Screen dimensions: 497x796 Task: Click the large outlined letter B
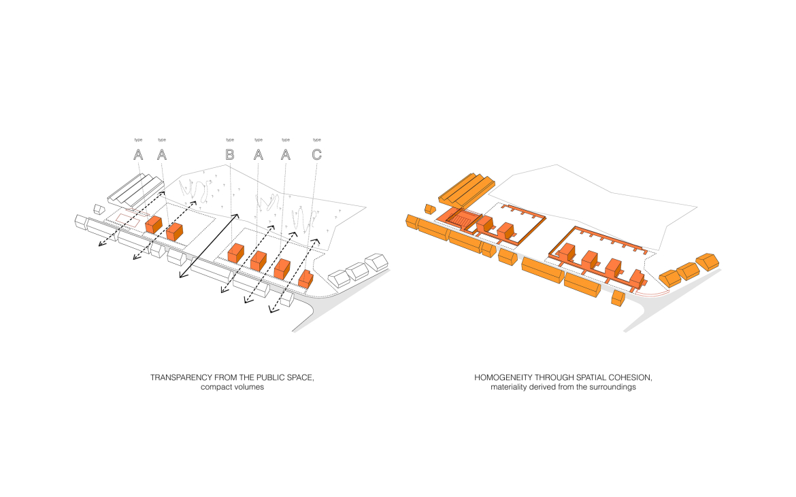pyautogui.click(x=229, y=155)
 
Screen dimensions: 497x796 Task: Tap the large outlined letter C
pyautogui.click(x=316, y=155)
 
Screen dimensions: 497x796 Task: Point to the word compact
pyautogui.click(x=217, y=388)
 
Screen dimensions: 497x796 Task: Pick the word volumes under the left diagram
pyautogui.click(x=248, y=388)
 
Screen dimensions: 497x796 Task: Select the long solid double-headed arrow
pyautogui.click(x=208, y=245)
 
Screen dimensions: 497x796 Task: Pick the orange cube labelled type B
pyautogui.click(x=235, y=253)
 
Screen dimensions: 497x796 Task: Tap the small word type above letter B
pyautogui.click(x=229, y=140)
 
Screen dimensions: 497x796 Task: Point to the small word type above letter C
pyautogui.click(x=316, y=140)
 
